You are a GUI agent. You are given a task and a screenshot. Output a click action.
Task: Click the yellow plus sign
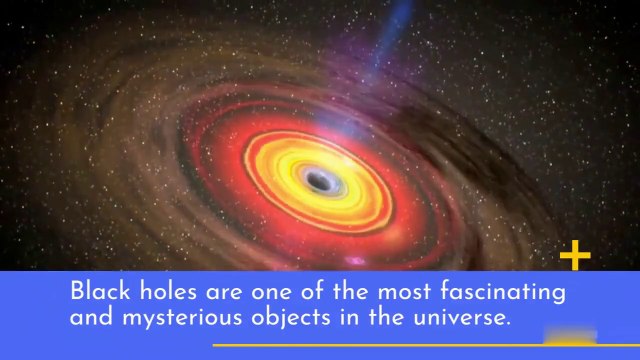pyautogui.click(x=575, y=257)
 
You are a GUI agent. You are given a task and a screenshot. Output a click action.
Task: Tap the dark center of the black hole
pyautogui.click(x=319, y=181)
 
